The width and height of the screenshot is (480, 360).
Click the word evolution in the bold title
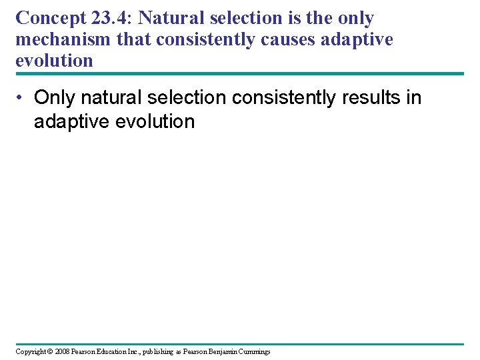(54, 61)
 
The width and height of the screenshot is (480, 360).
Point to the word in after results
(414, 98)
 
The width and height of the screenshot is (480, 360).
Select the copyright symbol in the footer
(51, 351)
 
